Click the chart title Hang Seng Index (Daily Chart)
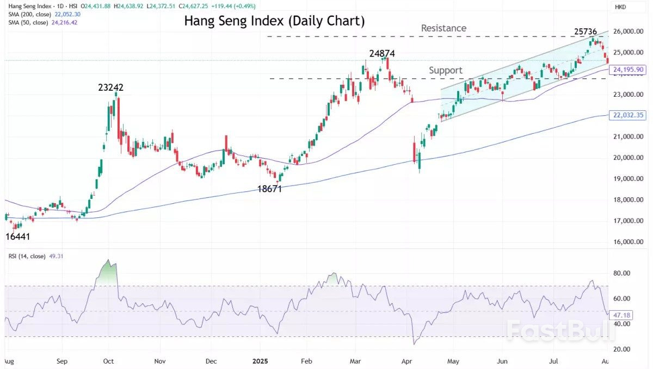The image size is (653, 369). click(274, 21)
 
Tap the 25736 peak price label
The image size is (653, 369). click(589, 31)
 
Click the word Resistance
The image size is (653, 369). click(443, 28)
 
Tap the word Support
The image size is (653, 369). click(445, 70)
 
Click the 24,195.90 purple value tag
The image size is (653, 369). click(629, 70)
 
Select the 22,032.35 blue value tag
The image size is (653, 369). click(629, 115)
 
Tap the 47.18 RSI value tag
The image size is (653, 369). click(621, 315)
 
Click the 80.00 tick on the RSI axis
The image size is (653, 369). click(621, 273)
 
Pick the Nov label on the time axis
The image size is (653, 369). click(159, 361)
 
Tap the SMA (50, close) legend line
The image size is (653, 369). click(35, 22)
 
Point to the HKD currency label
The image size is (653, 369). click(621, 7)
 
